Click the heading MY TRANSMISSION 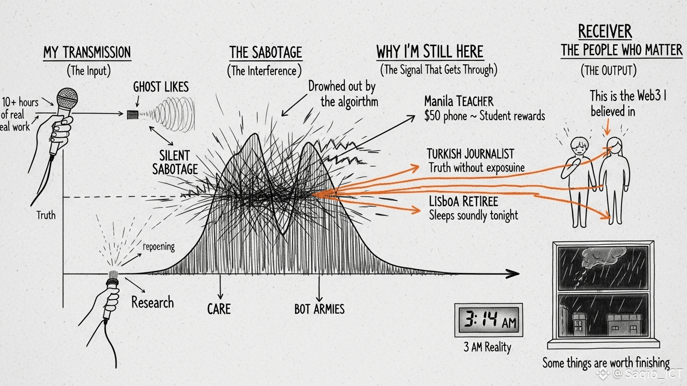point(87,52)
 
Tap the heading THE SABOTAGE point(265,52)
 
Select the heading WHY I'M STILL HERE point(430,51)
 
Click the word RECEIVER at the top point(605,31)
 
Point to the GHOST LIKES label point(161,87)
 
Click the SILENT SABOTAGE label point(175,161)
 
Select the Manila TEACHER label point(459,101)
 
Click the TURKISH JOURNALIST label point(470,153)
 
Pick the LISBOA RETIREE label point(463,202)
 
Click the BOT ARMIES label point(319,309)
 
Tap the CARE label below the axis point(219,308)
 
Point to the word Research point(152,303)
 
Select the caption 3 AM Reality point(487,347)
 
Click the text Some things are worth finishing point(606,362)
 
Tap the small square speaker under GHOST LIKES point(133,115)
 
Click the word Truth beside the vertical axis point(46,215)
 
